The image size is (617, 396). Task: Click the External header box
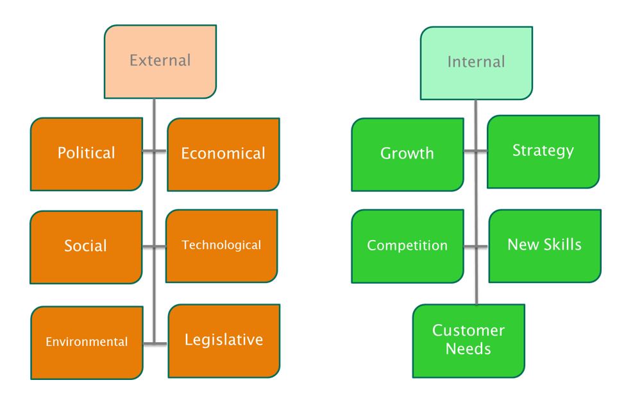pyautogui.click(x=160, y=62)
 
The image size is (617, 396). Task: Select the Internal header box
pyautogui.click(x=476, y=62)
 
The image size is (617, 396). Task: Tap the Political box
pyautogui.click(x=87, y=154)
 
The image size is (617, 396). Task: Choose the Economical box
pyautogui.click(x=223, y=154)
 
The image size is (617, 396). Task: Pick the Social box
pyautogui.click(x=86, y=246)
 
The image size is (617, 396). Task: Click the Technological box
pyautogui.click(x=222, y=245)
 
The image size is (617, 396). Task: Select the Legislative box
pyautogui.click(x=224, y=340)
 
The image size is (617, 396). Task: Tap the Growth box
pyautogui.click(x=407, y=154)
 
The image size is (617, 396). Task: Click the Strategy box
pyautogui.click(x=543, y=151)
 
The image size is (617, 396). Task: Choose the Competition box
pyautogui.click(x=407, y=246)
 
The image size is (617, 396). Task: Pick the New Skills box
pyautogui.click(x=545, y=245)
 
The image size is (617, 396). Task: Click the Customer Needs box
pyautogui.click(x=468, y=340)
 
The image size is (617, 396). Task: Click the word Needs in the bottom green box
pyautogui.click(x=468, y=349)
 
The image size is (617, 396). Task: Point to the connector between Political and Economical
pyautogui.click(x=155, y=153)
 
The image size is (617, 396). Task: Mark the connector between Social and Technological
pyautogui.click(x=155, y=246)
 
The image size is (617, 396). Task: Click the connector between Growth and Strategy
pyautogui.click(x=475, y=152)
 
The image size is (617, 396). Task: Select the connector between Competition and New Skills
pyautogui.click(x=475, y=246)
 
